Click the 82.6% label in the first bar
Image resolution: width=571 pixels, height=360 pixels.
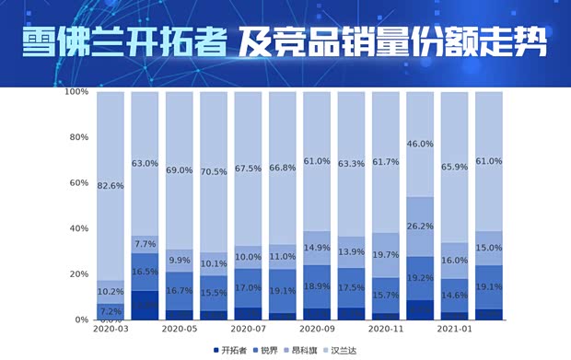[111, 186]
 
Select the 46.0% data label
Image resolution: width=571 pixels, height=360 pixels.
[420, 144]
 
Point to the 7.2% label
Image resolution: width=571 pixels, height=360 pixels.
[111, 312]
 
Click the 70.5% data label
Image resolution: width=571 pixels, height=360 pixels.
[214, 171]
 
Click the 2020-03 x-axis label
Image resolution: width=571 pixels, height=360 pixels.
[111, 329]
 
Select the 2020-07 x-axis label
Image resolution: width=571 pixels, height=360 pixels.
[248, 329]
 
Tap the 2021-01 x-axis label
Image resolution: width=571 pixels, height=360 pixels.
[454, 329]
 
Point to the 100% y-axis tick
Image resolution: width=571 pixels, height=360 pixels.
[76, 92]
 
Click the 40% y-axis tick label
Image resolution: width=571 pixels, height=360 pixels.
[78, 228]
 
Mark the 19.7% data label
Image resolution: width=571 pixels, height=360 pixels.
[385, 255]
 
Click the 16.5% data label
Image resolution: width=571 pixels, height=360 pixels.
[145, 273]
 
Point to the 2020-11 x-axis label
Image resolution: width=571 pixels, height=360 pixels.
[385, 329]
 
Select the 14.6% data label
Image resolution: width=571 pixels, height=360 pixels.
[454, 294]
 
